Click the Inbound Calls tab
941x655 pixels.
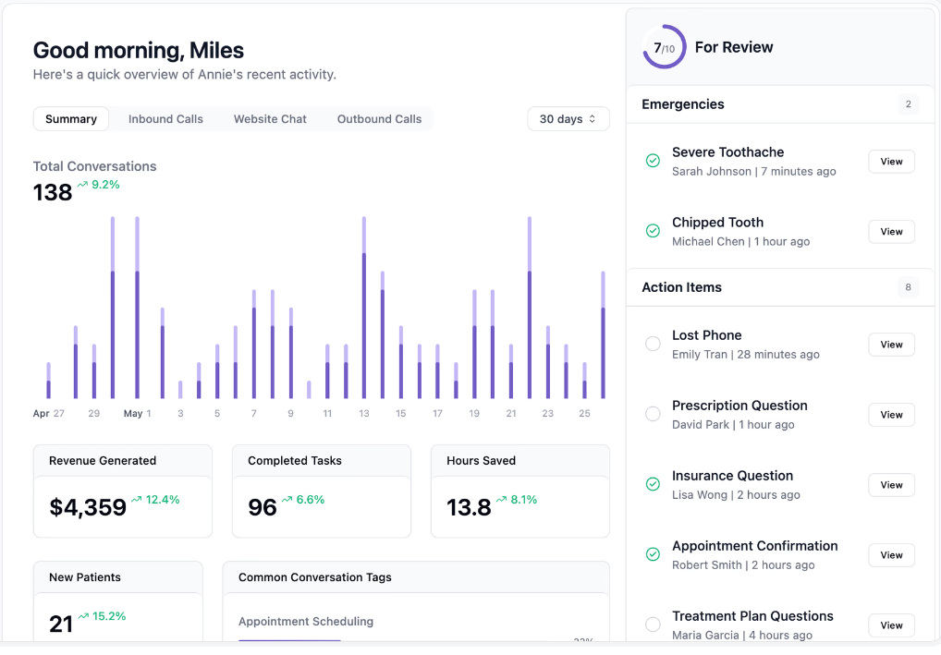pos(165,119)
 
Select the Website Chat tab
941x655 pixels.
pos(270,119)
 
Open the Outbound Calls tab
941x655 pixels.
pos(379,119)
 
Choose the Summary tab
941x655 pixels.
pos(71,119)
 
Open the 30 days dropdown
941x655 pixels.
pos(568,119)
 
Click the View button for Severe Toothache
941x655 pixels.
pos(891,162)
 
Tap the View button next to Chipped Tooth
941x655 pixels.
pos(891,232)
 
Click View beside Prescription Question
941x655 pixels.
pos(891,415)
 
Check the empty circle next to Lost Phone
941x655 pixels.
pos(653,344)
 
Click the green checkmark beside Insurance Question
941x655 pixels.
pos(653,484)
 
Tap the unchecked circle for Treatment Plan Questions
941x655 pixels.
pos(653,625)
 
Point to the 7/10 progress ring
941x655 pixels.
pos(664,47)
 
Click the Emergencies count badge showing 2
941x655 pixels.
pos(908,104)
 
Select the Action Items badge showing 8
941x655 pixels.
pos(908,287)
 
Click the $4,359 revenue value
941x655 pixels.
pos(88,506)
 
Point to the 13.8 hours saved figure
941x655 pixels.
pos(469,506)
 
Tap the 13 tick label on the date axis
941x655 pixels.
pos(364,414)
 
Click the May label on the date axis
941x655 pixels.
pos(133,414)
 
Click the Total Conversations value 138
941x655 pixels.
pos(53,192)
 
